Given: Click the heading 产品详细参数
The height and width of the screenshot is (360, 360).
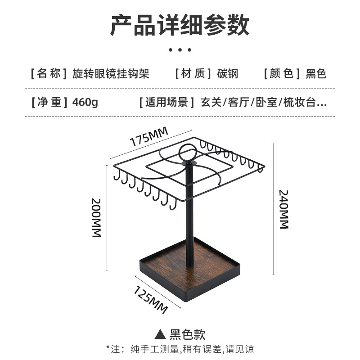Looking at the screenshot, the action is [x=180, y=25].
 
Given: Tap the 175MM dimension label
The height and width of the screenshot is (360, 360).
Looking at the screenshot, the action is [x=148, y=136].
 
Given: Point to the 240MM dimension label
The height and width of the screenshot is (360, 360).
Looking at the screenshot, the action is [x=283, y=209].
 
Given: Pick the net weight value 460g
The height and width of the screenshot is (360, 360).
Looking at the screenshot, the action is [x=85, y=102].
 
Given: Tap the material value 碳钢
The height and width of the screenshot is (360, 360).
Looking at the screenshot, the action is [x=228, y=73].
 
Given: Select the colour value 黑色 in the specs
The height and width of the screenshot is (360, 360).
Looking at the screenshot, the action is [x=316, y=73].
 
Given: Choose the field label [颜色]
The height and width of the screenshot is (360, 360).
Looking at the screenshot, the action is [x=282, y=73].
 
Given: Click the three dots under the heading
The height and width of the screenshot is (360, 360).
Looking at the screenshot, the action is [x=180, y=49].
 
